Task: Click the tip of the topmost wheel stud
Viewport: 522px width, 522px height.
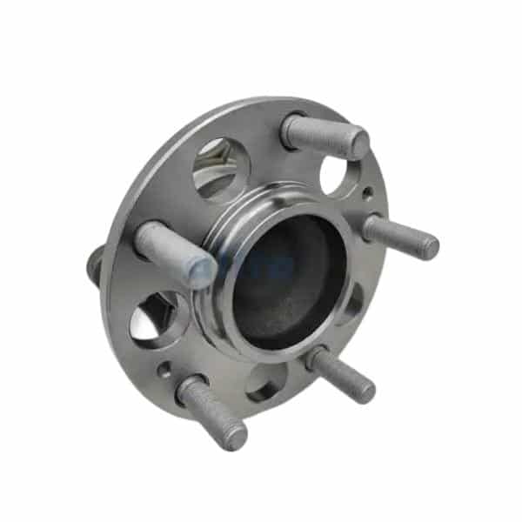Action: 358,144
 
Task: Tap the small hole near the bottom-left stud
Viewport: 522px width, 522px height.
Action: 164,371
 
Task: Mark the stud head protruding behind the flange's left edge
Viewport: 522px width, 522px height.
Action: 94,262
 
